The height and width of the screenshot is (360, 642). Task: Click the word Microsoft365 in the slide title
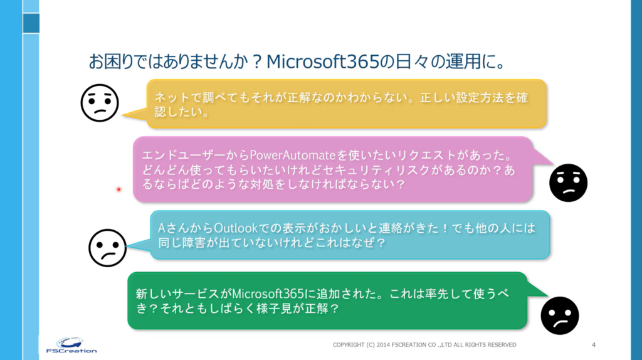coord(323,61)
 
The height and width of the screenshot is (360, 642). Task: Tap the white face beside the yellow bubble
coord(100,103)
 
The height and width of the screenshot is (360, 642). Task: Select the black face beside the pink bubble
coord(568,183)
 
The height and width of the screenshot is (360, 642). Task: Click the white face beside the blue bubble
coord(107,248)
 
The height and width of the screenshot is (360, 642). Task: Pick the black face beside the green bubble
coord(560,315)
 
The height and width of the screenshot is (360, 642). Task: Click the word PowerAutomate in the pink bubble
coord(293,155)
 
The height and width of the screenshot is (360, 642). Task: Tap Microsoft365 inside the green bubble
coord(268,294)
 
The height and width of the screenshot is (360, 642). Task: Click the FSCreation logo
coord(71,345)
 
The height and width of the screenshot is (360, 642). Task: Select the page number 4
coord(594,345)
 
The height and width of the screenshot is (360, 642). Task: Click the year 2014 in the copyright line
coord(383,345)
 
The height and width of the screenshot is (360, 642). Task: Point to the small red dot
coord(118,189)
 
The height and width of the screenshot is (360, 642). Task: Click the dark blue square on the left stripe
coord(31,23)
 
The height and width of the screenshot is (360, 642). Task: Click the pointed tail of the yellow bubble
coord(123,117)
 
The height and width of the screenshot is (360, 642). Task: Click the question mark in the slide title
coord(257,62)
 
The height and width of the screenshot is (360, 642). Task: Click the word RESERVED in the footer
coord(502,345)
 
